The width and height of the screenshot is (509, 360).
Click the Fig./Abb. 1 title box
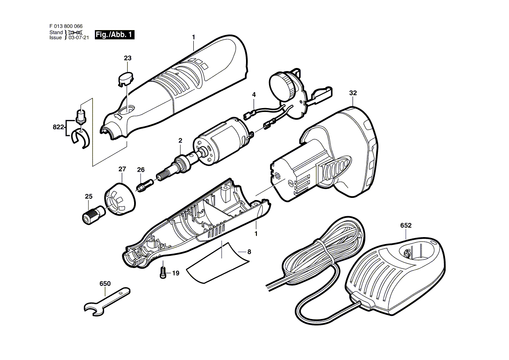point(115,35)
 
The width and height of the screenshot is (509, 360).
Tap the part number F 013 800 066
point(66,26)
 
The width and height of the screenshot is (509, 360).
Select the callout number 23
point(128,58)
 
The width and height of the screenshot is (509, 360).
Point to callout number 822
point(58,127)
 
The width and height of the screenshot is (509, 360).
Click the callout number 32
point(353,93)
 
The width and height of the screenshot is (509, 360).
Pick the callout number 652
point(406,225)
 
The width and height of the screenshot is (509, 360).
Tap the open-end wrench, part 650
point(107,301)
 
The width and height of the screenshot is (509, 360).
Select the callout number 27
point(122,169)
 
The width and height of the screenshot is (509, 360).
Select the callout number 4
point(254,95)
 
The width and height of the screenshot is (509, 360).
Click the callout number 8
point(249,252)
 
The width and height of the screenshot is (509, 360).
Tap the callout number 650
point(105,284)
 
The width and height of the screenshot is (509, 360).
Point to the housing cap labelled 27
point(120,199)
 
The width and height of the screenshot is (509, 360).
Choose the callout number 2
point(180,141)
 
